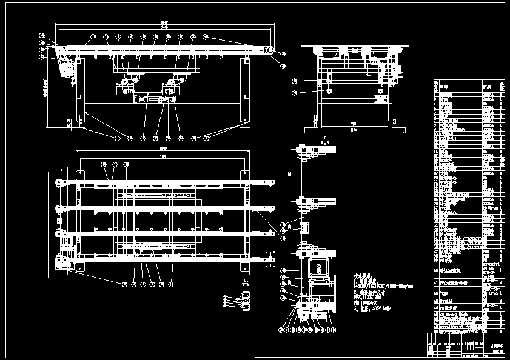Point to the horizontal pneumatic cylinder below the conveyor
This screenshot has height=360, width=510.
click(151, 98)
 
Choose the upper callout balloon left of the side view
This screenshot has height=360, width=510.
click(294, 81)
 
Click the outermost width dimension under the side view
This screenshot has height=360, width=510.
click(354, 130)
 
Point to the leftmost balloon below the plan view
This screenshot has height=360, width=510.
click(125, 284)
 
